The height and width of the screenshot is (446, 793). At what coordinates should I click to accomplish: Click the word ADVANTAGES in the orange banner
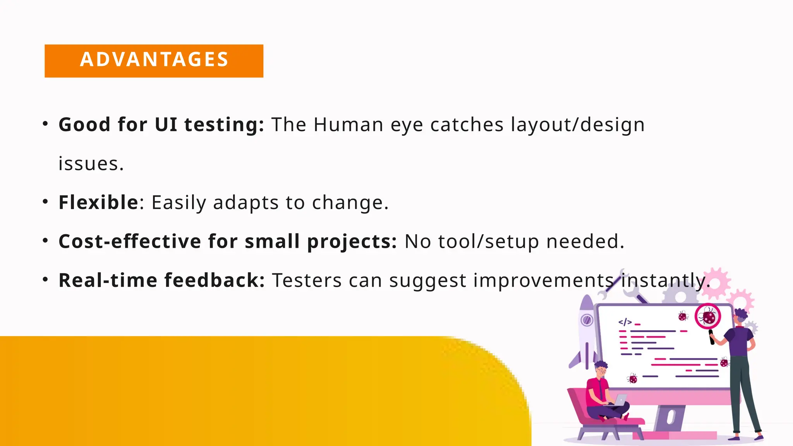(154, 60)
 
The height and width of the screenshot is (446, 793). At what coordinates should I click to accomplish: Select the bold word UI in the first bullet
(166, 125)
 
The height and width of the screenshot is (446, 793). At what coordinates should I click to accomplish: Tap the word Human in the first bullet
(348, 125)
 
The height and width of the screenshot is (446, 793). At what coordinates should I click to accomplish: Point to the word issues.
(91, 164)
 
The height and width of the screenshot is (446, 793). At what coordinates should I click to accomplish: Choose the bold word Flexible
(98, 202)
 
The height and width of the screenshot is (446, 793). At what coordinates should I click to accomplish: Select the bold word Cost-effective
(130, 242)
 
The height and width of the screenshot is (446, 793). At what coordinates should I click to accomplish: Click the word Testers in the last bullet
(307, 280)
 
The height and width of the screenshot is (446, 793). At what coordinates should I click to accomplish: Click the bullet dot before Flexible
(45, 202)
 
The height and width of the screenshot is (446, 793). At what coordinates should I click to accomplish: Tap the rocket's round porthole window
(587, 320)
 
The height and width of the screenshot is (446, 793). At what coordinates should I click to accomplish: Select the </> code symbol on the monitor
(625, 322)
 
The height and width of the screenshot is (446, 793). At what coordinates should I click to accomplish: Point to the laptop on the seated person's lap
(620, 400)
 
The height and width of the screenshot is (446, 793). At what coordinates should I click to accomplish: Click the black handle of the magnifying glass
(712, 337)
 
